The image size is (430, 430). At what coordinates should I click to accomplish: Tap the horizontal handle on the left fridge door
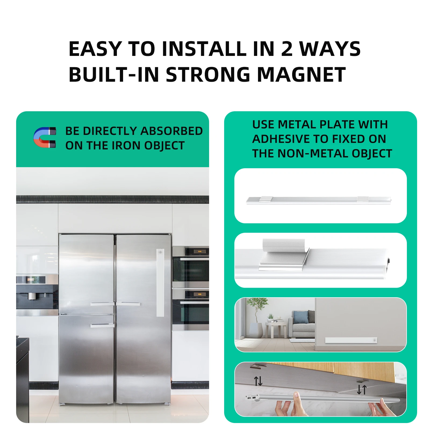(x=102, y=304)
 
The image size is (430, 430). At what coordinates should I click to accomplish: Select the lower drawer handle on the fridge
(x=102, y=325)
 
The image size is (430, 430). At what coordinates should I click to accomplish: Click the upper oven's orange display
(x=200, y=251)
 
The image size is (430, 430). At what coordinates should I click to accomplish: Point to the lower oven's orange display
(x=200, y=294)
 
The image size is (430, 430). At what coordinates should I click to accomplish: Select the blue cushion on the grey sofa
(x=300, y=317)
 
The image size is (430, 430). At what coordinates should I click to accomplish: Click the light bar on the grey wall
(x=351, y=340)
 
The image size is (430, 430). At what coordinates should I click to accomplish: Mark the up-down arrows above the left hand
(x=258, y=381)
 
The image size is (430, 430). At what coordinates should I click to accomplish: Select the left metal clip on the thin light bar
(x=266, y=199)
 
